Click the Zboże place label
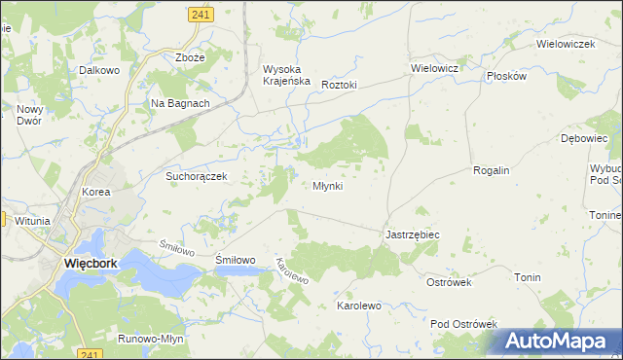190,57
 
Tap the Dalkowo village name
99,71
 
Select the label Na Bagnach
180,103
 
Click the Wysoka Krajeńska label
286,75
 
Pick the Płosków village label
507,76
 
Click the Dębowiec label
584,139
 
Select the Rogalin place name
492,170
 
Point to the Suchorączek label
196,176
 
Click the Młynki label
327,186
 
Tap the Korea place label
96,193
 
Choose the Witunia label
32,221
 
